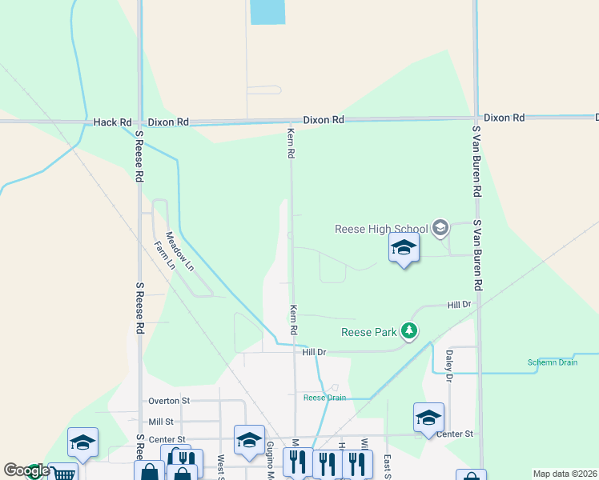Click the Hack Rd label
point(112,122)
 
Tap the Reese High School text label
point(381,230)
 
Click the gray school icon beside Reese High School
point(440,229)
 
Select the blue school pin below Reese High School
point(404,248)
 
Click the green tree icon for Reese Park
point(410,331)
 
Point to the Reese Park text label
point(368,332)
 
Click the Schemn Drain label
point(552,362)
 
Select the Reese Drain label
point(324,398)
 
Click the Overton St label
point(168,401)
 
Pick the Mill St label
point(160,422)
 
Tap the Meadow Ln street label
point(179,250)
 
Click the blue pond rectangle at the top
point(267,11)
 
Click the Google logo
point(26,470)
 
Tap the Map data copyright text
point(565,474)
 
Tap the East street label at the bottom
point(388,464)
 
